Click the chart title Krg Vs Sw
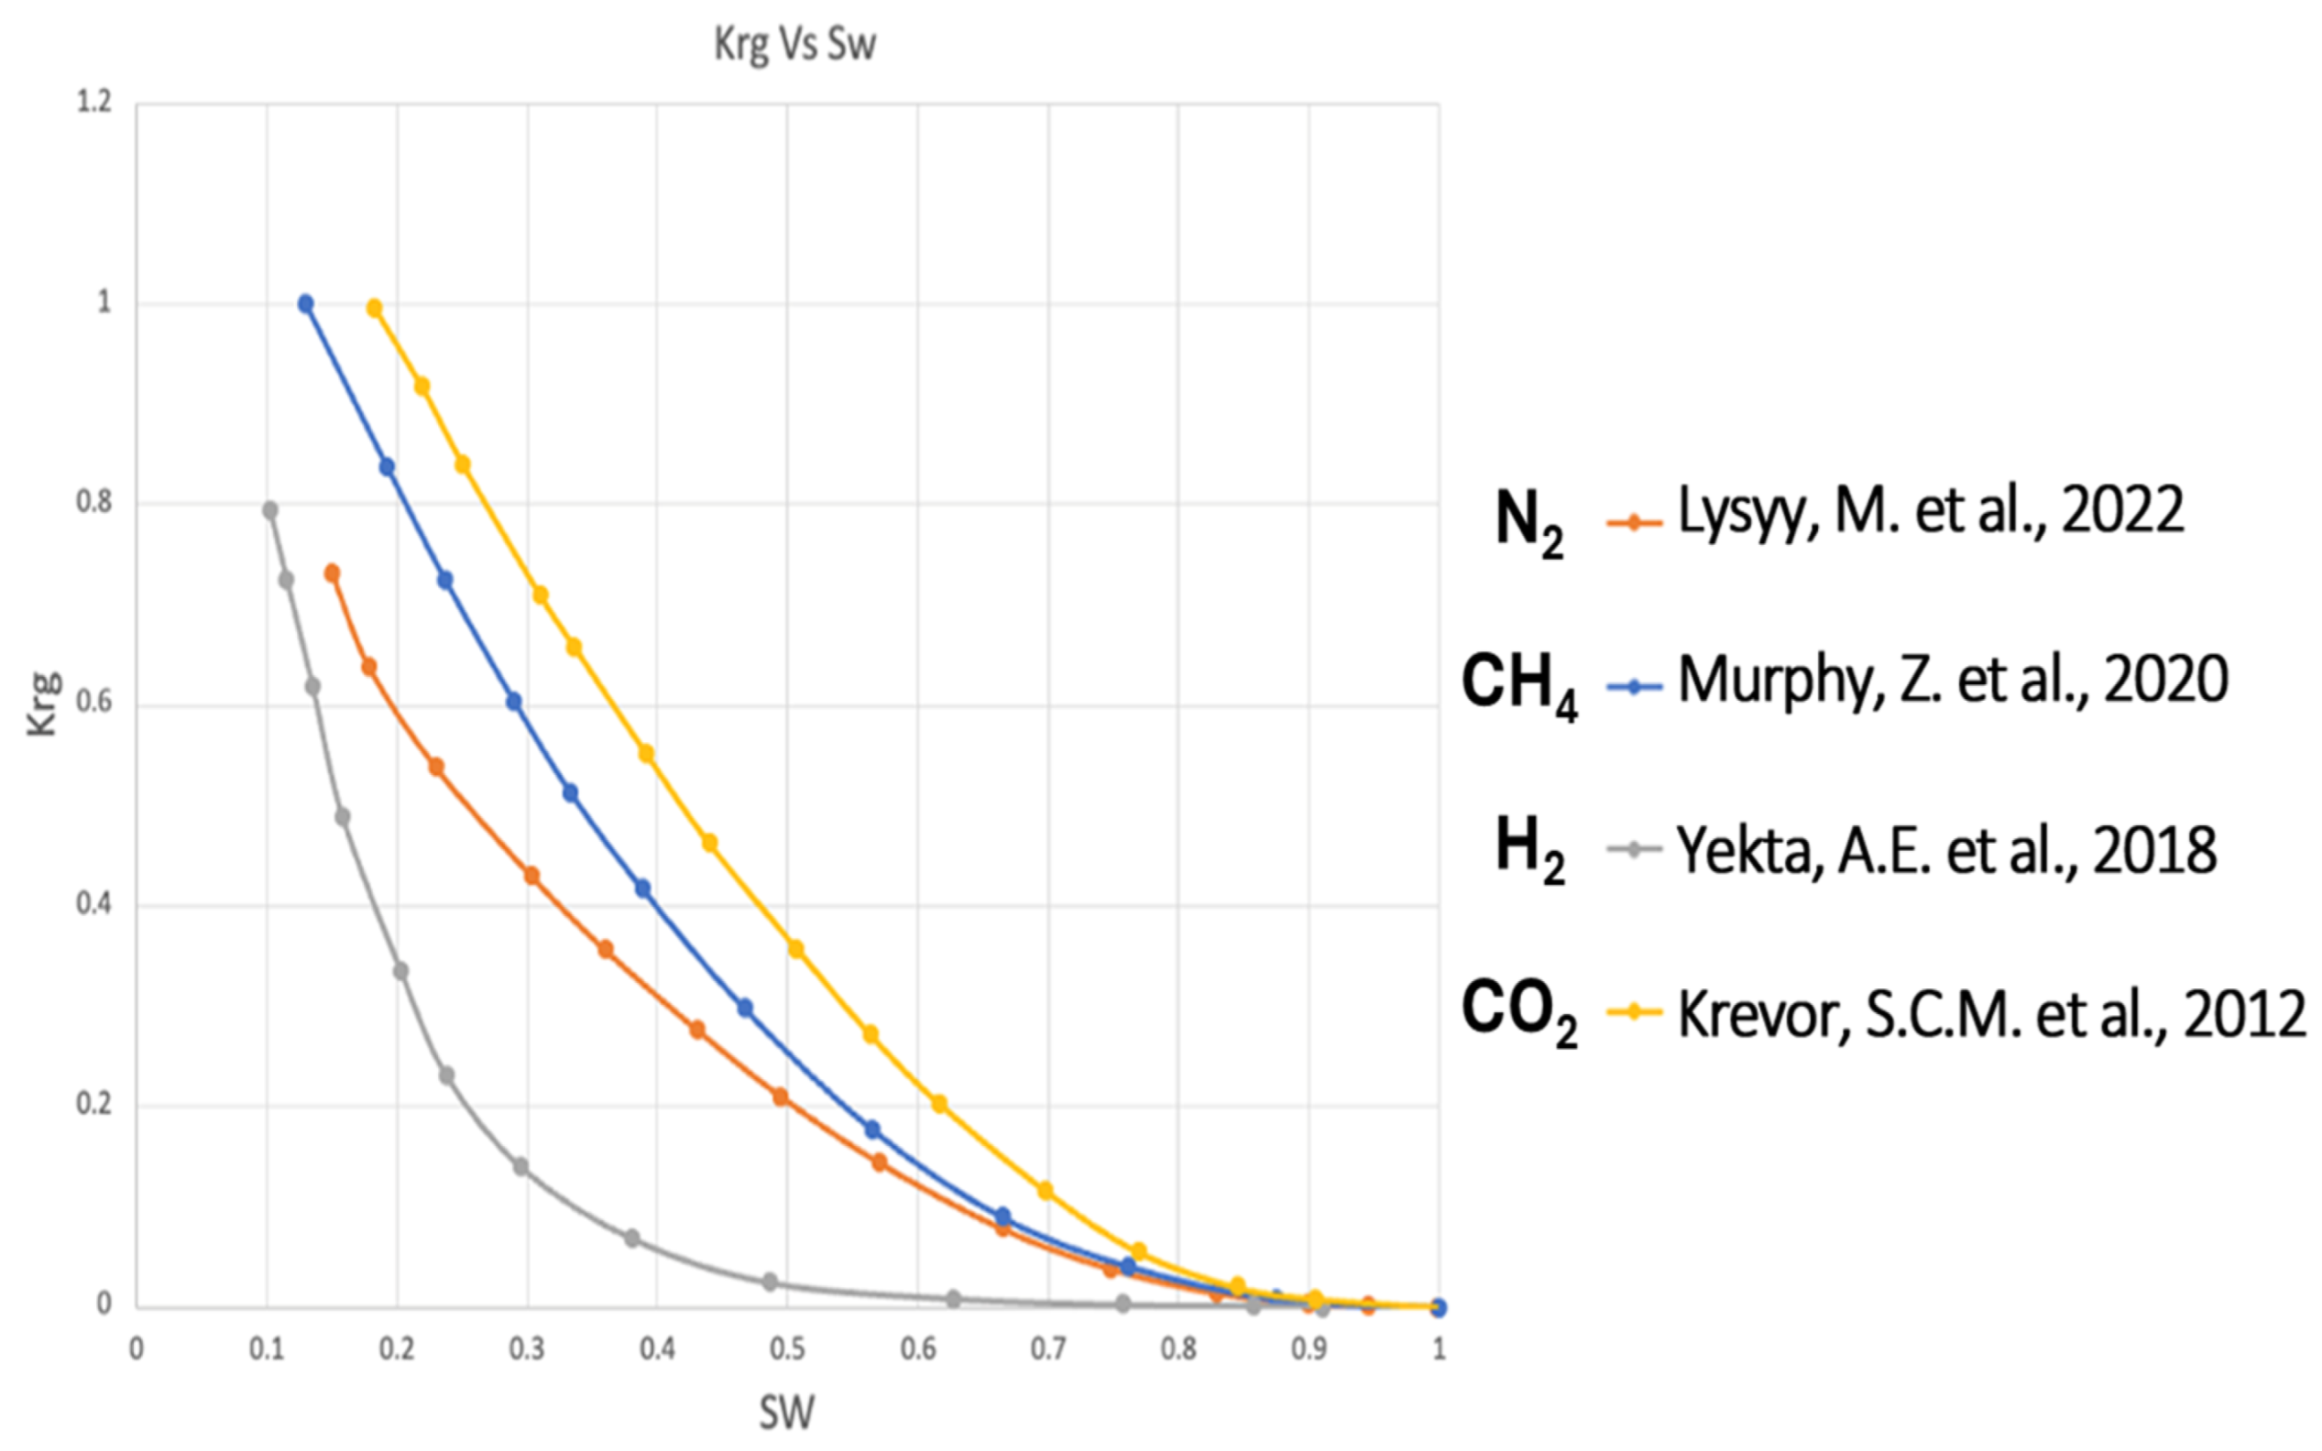coord(794,44)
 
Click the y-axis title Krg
coord(42,704)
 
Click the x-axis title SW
coord(786,1413)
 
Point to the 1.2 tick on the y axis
coord(94,102)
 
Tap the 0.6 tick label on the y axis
coord(94,703)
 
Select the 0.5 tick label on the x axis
coord(787,1349)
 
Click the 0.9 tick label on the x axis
coord(1309,1349)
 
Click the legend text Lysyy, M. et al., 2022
coord(1931,510)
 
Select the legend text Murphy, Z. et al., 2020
coord(1953,680)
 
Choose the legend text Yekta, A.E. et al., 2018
coord(1946,850)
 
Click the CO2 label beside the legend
coord(1518,1013)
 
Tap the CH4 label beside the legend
coord(1518,685)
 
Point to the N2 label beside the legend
coord(1529,522)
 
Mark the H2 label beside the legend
coord(1529,850)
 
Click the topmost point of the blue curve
coord(306,304)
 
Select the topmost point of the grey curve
coord(270,510)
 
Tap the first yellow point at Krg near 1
coord(376,309)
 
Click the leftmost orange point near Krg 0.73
coord(332,573)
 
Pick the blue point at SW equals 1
coord(1438,1307)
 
